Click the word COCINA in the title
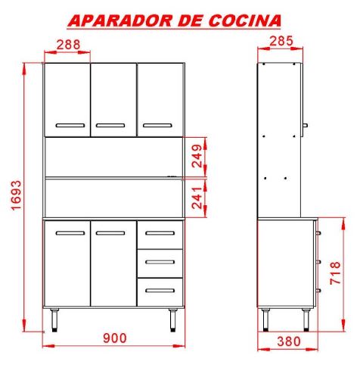point(244,20)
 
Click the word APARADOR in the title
point(120,20)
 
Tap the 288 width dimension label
point(68,45)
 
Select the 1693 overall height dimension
point(17,195)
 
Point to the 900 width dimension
point(115,338)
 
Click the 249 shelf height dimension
point(197,156)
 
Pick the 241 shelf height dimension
point(197,198)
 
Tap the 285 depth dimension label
point(281,41)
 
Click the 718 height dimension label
point(335,273)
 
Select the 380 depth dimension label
point(289,341)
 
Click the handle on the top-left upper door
point(70,126)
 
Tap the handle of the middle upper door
point(110,126)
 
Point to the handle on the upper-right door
point(157,126)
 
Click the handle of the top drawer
point(160,233)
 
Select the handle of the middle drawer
point(160,262)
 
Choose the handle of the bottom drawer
point(160,291)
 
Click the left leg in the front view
point(54,320)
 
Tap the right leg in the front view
point(173,320)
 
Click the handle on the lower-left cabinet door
point(70,233)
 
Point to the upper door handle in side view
point(305,126)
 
